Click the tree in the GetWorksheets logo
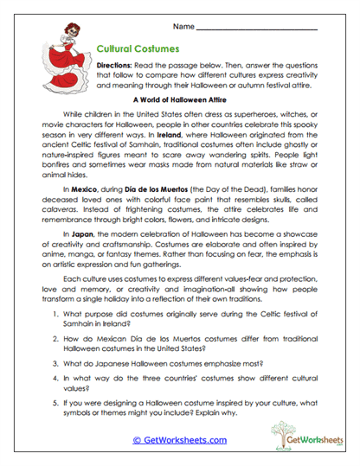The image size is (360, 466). [280, 431]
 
